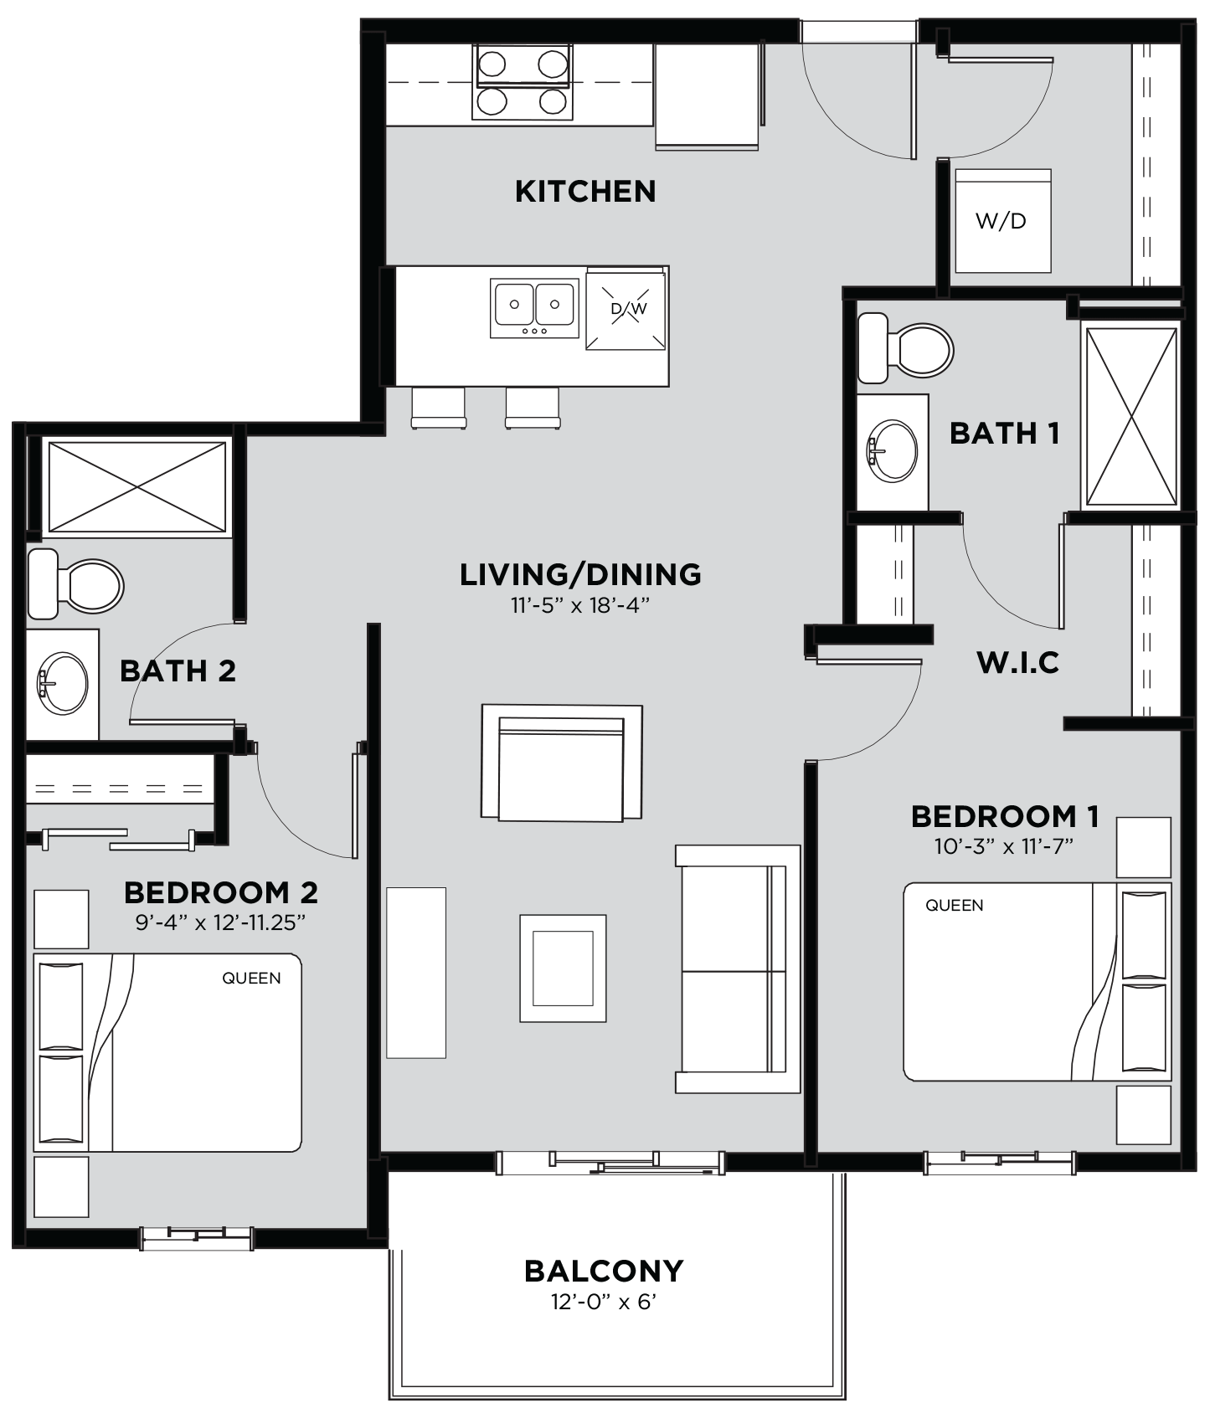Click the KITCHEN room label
585,192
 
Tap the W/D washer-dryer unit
1002,221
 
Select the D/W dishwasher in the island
627,309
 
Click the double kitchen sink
534,308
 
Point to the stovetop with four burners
523,82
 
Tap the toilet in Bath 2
75,584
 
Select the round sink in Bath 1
892,451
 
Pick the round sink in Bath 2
62,684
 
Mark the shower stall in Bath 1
1130,417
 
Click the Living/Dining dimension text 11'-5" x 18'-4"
580,605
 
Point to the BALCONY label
604,1272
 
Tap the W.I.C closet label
1017,663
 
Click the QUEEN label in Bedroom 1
954,905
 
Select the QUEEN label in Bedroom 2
251,978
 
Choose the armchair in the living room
562,763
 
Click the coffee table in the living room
563,969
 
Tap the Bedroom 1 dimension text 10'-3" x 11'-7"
1004,846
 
